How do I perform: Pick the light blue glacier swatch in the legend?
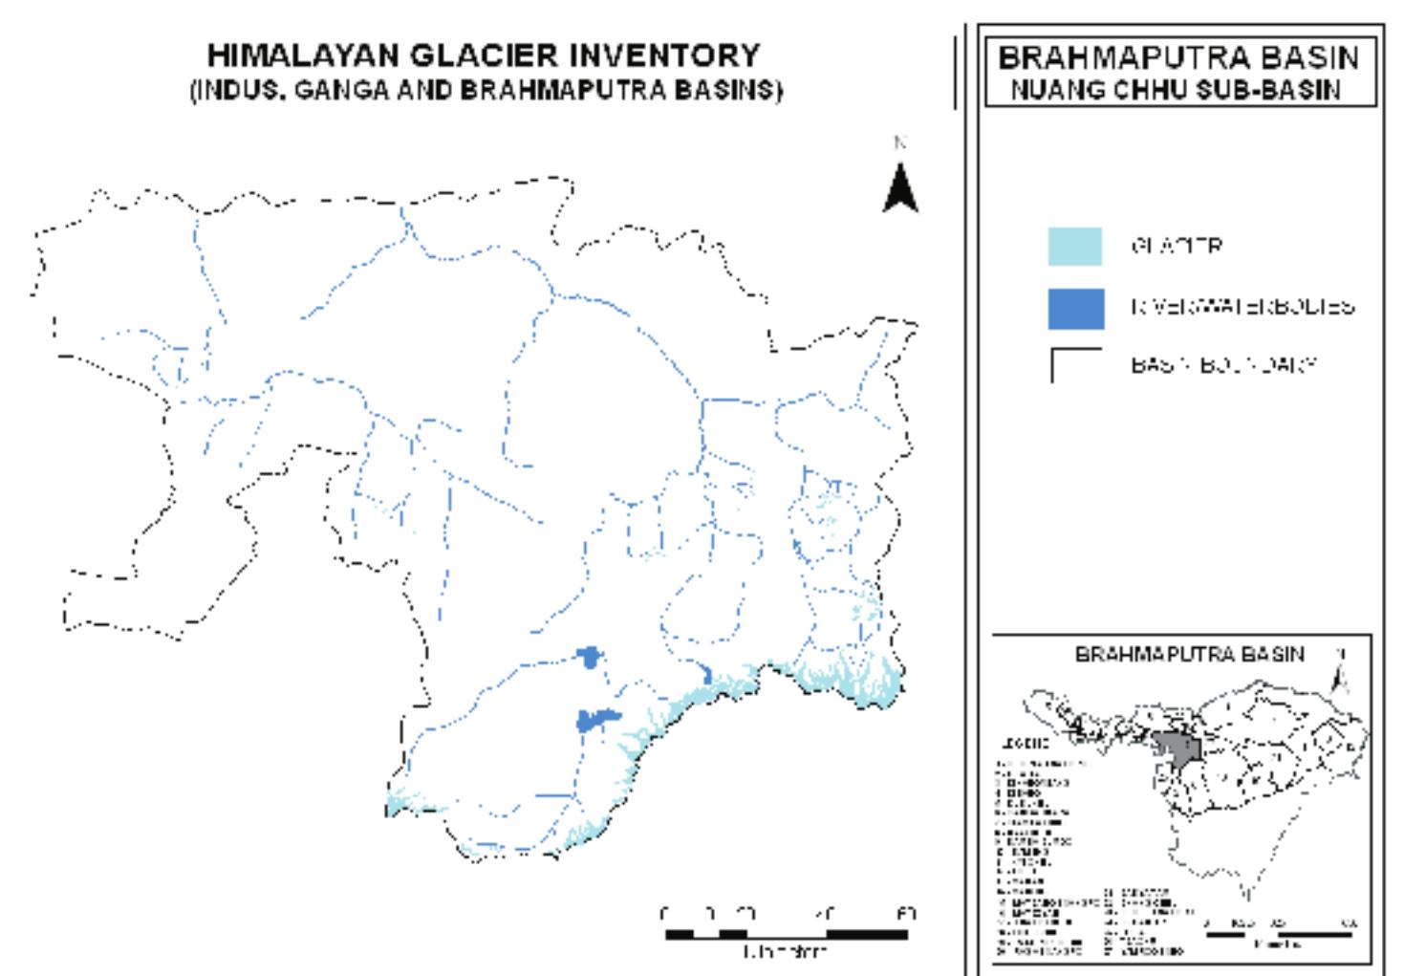1075,246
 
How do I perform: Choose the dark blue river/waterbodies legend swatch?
1075,308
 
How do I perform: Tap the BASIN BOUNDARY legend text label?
1224,365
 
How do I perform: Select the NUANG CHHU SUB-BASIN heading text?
1176,90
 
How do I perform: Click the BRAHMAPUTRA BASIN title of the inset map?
1189,655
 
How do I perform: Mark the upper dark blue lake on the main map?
590,657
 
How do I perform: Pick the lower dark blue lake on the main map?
595,719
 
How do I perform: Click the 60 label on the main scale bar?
906,914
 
